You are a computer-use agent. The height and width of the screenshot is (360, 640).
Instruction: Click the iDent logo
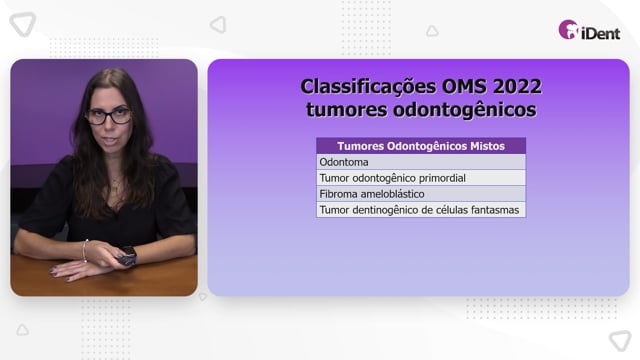click(589, 30)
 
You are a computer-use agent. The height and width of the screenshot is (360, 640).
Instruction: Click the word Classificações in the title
click(368, 87)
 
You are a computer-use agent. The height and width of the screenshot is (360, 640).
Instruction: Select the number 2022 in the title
click(517, 86)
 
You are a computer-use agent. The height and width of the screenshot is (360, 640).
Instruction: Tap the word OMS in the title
click(464, 86)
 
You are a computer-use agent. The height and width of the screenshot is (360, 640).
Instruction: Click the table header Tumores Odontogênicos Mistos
click(421, 146)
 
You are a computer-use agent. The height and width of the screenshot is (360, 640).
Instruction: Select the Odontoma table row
click(421, 162)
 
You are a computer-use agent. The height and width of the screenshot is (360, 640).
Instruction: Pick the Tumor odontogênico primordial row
click(421, 178)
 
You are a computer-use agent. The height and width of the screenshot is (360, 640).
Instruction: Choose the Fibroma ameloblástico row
click(421, 194)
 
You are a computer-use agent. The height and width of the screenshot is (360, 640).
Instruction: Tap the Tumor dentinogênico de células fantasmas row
click(421, 210)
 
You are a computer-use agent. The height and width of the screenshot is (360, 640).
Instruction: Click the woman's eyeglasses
click(108, 116)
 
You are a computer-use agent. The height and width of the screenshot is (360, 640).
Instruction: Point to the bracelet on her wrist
click(85, 251)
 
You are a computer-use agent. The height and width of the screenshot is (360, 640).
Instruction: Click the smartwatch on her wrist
click(128, 256)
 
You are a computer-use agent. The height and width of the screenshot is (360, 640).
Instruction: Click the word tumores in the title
click(347, 110)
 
